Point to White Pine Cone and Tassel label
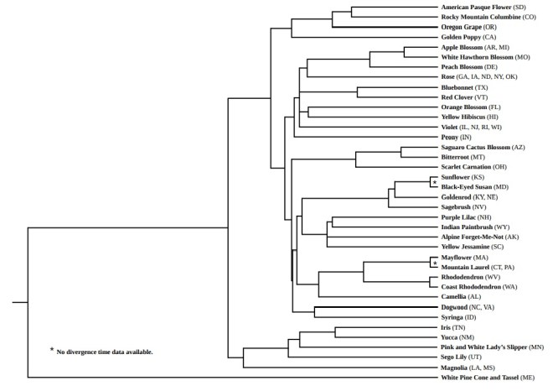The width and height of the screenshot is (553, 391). point(488,378)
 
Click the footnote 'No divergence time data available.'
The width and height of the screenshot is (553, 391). point(105,352)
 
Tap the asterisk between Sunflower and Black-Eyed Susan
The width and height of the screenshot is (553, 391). point(435,181)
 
